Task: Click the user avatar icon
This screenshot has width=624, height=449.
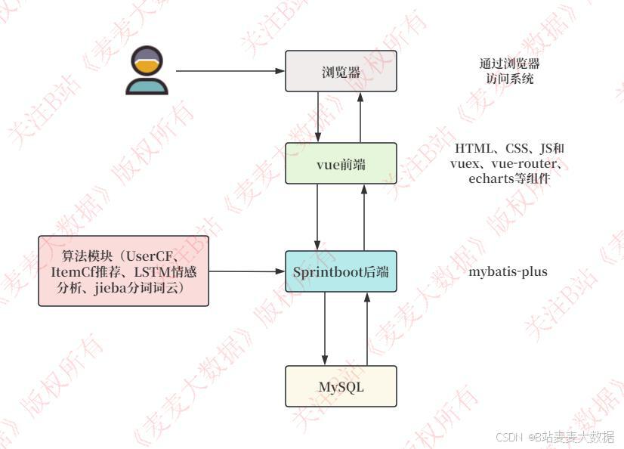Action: (x=146, y=70)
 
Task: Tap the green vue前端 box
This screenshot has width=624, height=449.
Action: (x=341, y=163)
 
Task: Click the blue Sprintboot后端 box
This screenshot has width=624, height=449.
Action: (x=341, y=271)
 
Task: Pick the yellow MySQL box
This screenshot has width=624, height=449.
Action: (x=341, y=386)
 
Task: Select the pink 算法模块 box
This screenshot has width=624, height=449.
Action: (x=123, y=271)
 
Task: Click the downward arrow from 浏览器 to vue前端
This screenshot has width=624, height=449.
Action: (x=320, y=117)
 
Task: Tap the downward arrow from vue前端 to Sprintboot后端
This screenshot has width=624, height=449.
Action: (x=319, y=217)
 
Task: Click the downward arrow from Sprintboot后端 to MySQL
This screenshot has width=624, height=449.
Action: (x=326, y=329)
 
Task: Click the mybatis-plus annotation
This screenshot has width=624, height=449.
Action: (x=508, y=271)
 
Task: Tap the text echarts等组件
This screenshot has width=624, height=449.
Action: (x=508, y=178)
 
